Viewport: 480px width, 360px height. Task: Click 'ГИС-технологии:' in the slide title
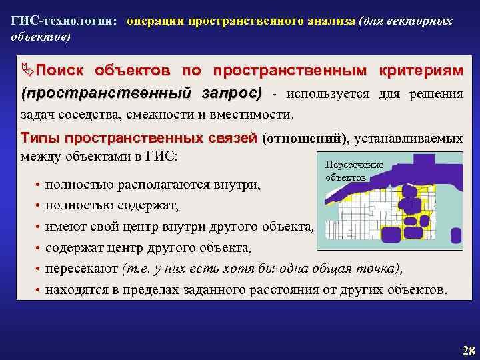click(x=64, y=21)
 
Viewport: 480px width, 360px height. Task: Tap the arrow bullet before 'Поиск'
click(x=28, y=70)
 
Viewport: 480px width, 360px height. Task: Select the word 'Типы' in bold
click(x=41, y=139)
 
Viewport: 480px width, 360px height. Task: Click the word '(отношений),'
click(x=306, y=139)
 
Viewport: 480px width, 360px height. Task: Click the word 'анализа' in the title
click(x=331, y=21)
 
